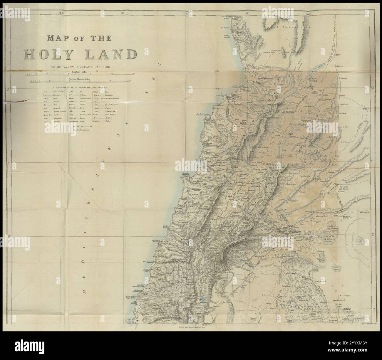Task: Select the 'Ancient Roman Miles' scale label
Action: (x=80, y=79)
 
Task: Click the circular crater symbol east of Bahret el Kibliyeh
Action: (x=359, y=241)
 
